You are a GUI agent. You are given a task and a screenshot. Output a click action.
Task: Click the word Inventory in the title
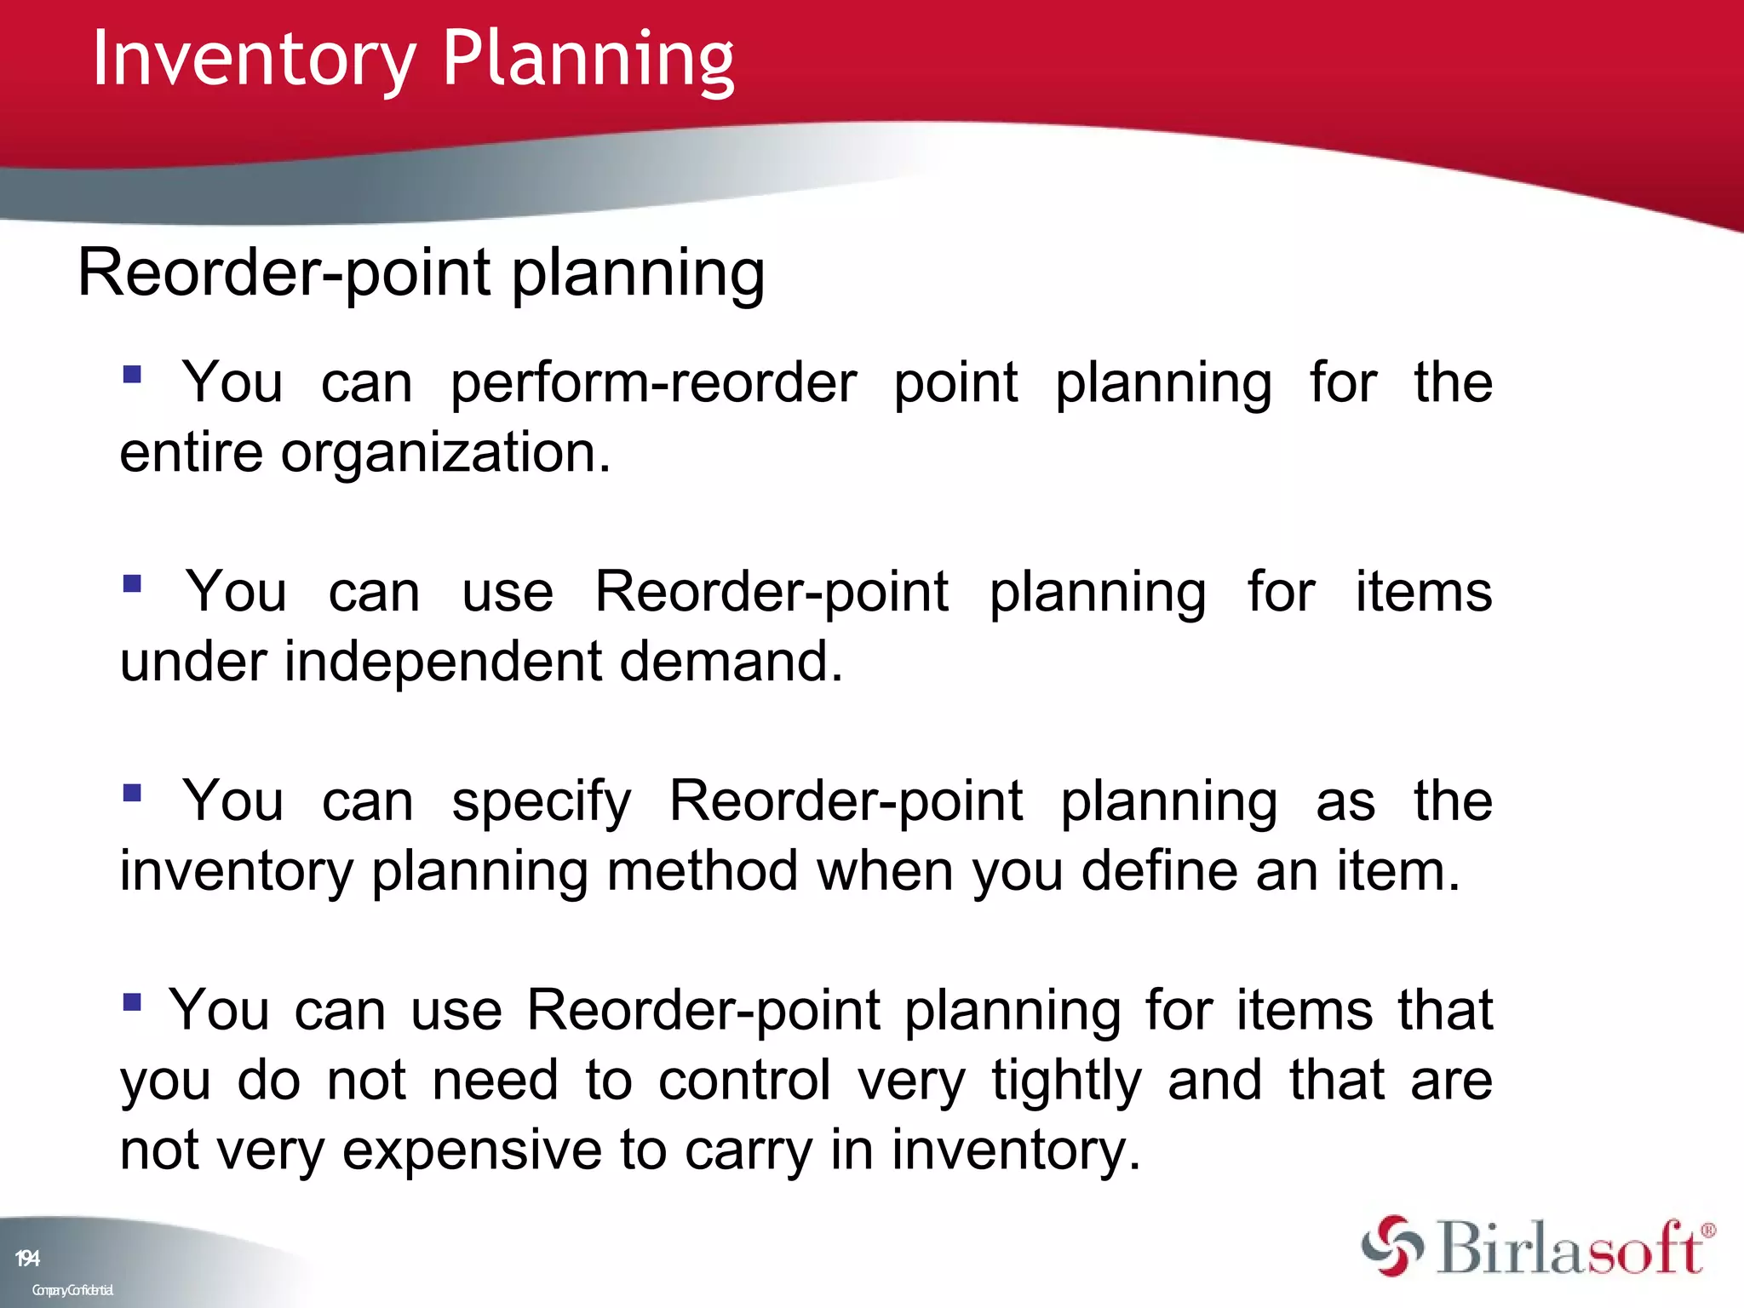pyautogui.click(x=253, y=60)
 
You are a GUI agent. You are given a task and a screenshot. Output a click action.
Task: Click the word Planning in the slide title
pyautogui.click(x=588, y=60)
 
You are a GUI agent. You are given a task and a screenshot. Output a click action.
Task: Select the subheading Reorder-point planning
pyautogui.click(x=421, y=273)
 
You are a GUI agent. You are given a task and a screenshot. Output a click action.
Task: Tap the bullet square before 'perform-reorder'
pyautogui.click(x=132, y=375)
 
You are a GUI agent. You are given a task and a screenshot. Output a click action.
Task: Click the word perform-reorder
pyautogui.click(x=653, y=382)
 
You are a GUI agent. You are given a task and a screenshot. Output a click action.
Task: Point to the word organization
pyautogui.click(x=445, y=452)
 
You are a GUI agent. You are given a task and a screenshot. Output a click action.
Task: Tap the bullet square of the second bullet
pyautogui.click(x=132, y=583)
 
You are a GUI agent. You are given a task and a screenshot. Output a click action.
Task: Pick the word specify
pyautogui.click(x=542, y=801)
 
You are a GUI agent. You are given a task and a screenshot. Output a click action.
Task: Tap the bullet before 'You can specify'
pyautogui.click(x=132, y=793)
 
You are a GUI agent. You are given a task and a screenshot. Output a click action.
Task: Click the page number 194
pyautogui.click(x=27, y=1259)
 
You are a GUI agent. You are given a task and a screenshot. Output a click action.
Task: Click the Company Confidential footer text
pyautogui.click(x=72, y=1290)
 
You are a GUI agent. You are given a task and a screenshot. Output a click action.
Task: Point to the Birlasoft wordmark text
pyautogui.click(x=1571, y=1248)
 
